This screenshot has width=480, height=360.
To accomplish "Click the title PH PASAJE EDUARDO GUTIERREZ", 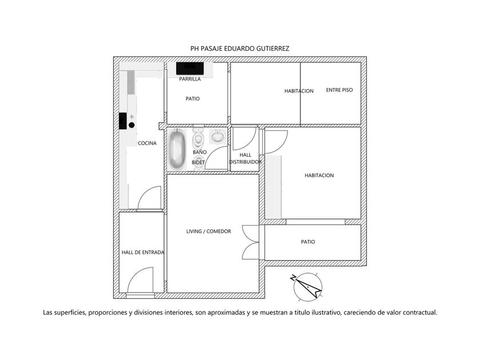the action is [x=239, y=49].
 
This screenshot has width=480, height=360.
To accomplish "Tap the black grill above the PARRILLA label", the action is [x=190, y=68].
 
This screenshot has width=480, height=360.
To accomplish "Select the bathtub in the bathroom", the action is [x=177, y=149].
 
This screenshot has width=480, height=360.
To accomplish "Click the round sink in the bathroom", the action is [x=218, y=136].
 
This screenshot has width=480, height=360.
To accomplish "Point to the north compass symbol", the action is [x=307, y=286].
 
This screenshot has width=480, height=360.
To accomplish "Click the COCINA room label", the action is [x=147, y=143].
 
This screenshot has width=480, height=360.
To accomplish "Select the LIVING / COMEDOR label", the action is [x=209, y=231].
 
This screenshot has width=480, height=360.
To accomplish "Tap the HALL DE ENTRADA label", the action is [x=143, y=252].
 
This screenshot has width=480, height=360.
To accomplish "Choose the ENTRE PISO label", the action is [x=339, y=90].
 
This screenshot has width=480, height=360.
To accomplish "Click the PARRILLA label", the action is [x=190, y=79].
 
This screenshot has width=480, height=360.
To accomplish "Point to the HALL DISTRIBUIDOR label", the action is [x=245, y=159].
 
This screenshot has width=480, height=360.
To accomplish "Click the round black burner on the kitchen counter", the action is [x=131, y=125].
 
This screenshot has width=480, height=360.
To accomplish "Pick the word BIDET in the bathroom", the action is [x=198, y=162].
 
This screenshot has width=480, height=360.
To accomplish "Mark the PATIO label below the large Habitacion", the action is [x=308, y=242].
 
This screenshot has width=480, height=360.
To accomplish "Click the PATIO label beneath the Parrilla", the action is [x=193, y=98].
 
